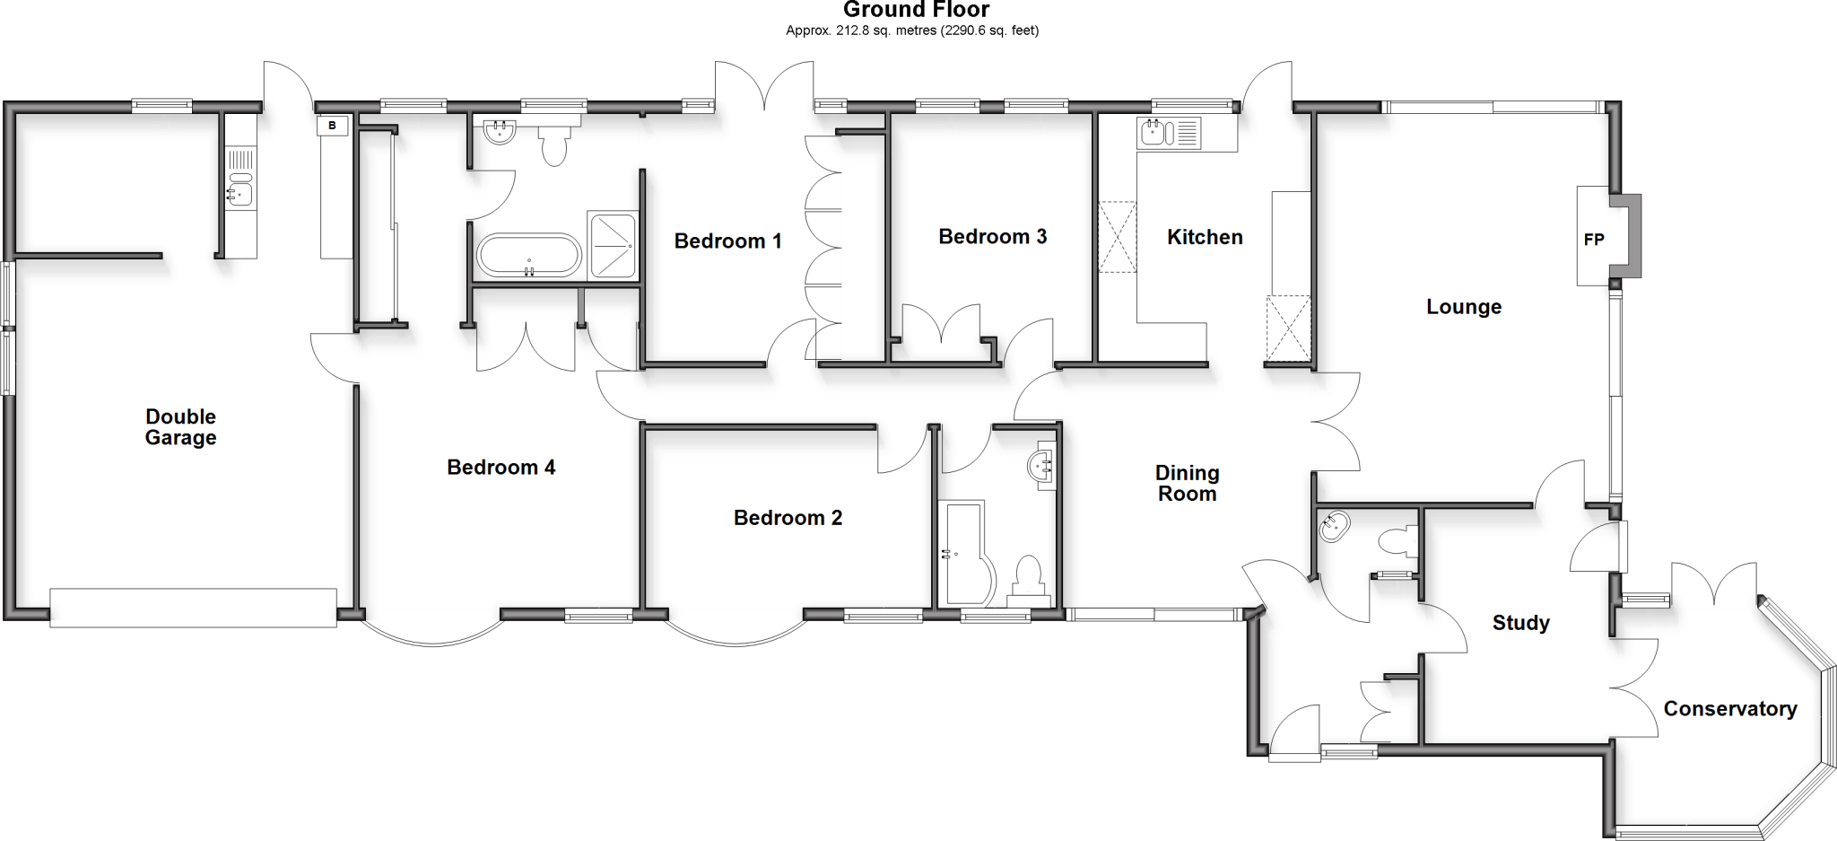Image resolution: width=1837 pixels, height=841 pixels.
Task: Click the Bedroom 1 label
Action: coord(727,241)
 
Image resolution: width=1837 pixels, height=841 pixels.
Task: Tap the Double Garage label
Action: coord(181,427)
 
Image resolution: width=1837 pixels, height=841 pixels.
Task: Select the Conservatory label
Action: coord(1730,709)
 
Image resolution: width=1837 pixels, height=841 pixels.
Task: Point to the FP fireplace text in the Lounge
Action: coord(1594,240)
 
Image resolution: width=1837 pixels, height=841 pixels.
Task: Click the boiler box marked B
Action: coord(332,126)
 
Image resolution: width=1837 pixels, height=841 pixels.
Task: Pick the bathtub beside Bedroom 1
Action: coord(528,256)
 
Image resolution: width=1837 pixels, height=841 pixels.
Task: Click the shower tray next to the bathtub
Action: coord(613,245)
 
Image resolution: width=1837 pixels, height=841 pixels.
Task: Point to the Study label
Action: coord(1521,623)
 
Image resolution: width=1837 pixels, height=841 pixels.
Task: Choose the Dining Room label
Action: coord(1187,483)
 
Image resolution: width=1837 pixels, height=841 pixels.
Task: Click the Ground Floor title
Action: coord(916,10)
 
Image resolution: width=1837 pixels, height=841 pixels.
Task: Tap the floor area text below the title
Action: coord(912,31)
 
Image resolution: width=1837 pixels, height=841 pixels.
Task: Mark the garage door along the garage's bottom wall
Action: coord(194,608)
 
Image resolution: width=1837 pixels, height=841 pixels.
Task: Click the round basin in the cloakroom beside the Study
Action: coord(1334,527)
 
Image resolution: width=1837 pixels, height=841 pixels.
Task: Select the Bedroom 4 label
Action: coord(501,468)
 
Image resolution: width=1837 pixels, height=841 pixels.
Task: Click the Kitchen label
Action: coord(1205,237)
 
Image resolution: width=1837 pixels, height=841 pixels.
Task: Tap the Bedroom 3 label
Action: coord(992,237)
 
